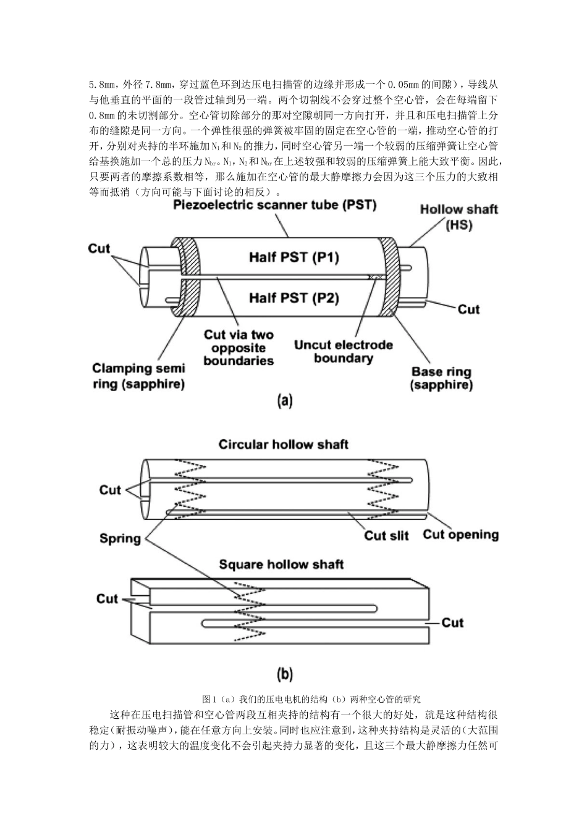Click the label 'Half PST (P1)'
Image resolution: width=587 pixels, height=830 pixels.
294,257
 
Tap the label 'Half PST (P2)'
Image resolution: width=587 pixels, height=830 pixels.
294,298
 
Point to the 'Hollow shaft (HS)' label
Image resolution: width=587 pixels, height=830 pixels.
458,217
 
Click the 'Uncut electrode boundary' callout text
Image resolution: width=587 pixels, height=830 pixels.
344,351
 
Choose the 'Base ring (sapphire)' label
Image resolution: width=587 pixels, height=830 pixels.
441,379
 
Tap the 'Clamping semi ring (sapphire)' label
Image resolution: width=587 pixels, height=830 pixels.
138,376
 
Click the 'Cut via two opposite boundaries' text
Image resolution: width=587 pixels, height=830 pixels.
239,348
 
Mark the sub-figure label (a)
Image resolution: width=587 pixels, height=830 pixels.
285,401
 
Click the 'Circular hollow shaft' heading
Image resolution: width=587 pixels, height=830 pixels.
284,445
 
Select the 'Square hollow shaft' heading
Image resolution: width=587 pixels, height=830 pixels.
281,564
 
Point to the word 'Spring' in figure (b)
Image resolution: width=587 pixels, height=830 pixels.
120,539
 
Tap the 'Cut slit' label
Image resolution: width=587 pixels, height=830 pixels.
386,535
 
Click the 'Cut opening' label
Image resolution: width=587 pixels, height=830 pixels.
460,534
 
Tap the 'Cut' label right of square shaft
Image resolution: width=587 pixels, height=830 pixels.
452,622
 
